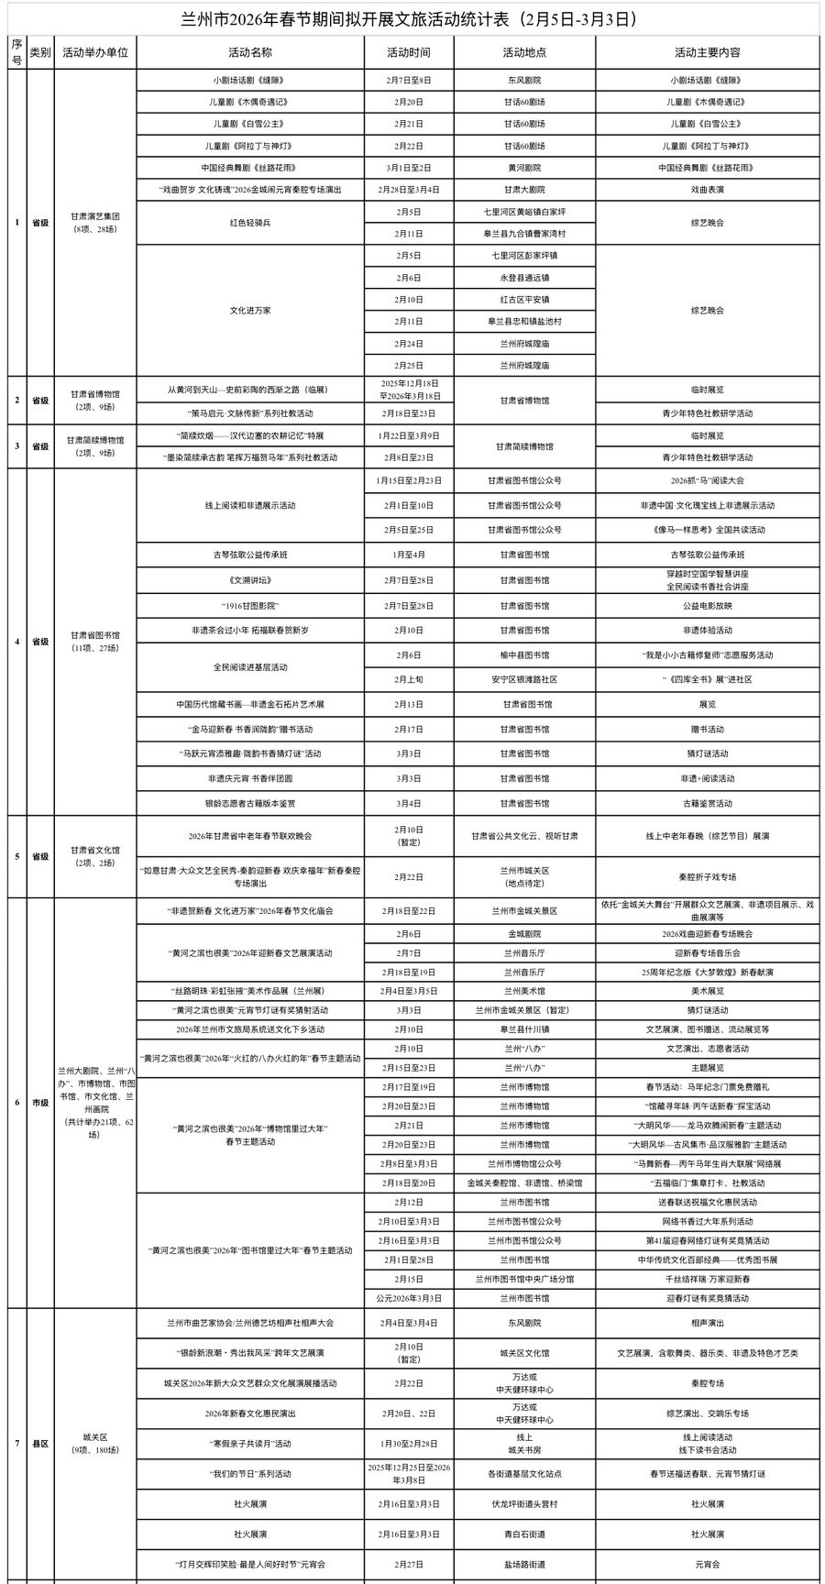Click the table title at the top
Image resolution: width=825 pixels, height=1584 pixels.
(x=412, y=18)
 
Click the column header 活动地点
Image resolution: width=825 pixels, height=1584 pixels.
(x=524, y=53)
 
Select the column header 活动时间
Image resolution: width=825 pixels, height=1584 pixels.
(x=408, y=53)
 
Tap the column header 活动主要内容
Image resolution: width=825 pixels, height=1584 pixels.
(x=707, y=53)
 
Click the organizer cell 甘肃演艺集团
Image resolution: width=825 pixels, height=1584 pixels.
(x=95, y=217)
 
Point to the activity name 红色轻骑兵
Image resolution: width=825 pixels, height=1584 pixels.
(x=249, y=222)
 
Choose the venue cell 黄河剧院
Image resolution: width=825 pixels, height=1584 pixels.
(x=524, y=168)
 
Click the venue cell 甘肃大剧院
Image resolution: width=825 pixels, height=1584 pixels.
(x=524, y=190)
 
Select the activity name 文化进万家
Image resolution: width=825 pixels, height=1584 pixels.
(x=249, y=310)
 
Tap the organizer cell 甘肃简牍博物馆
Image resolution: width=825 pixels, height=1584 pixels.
(x=95, y=441)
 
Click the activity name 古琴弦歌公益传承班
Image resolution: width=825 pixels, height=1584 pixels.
(x=249, y=555)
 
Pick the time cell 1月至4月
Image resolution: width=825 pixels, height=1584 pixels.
(x=408, y=555)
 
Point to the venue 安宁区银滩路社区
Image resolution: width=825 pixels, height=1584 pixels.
(x=524, y=679)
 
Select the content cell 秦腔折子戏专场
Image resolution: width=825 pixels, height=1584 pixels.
(x=707, y=876)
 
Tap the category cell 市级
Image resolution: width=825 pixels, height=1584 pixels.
(x=40, y=1103)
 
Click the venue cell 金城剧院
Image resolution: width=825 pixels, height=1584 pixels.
(x=524, y=934)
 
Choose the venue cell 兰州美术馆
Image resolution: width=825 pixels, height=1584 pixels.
(x=524, y=991)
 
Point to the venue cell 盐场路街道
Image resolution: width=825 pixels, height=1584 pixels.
(x=524, y=1565)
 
